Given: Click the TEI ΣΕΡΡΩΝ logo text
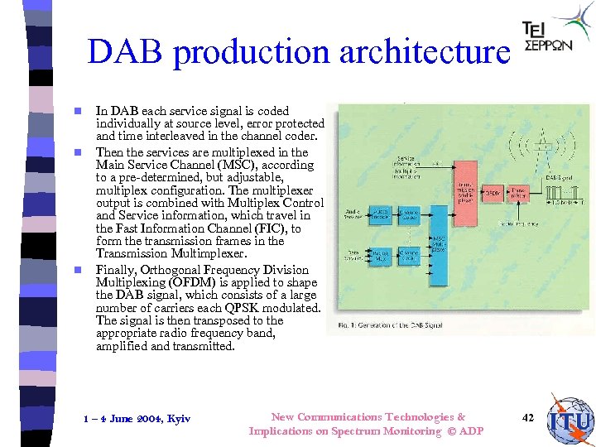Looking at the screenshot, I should pyautogui.click(x=546, y=37).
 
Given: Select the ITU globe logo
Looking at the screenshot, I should pyautogui.click(x=570, y=420).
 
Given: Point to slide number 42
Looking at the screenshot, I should pyautogui.click(x=528, y=418).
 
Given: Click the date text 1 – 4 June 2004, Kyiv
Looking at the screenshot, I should pyautogui.click(x=137, y=419).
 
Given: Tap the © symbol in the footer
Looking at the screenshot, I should pyautogui.click(x=452, y=431).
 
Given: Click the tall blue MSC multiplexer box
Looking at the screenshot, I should pyautogui.click(x=439, y=246).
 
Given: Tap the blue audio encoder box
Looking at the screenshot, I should pyautogui.click(x=381, y=214).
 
